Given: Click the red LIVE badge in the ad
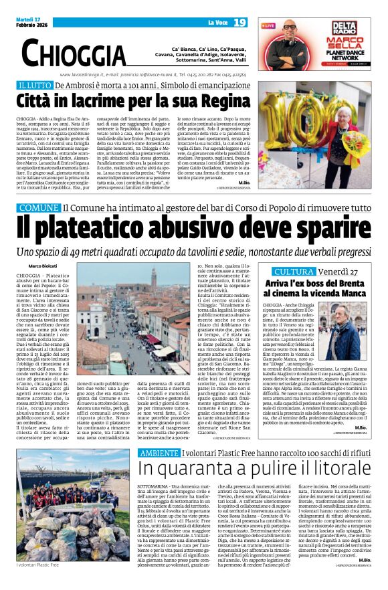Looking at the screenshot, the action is (268, 25).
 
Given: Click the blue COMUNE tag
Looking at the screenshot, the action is (39, 208).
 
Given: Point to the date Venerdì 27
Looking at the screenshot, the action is (337, 272).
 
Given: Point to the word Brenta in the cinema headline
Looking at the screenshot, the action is (334, 284).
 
